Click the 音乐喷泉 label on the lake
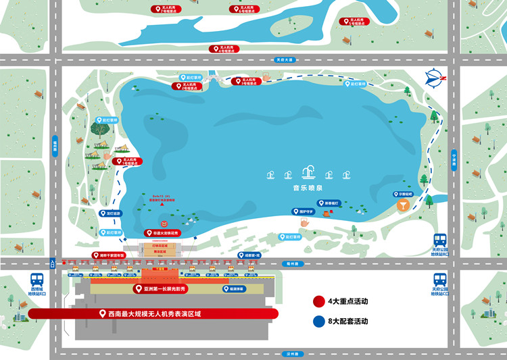point(308,190)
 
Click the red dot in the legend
point(318,301)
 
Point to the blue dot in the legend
point(318,322)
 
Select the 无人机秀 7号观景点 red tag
point(166,9)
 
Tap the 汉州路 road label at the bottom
point(292,353)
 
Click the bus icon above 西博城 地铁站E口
point(37,278)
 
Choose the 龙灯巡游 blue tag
point(109,213)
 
